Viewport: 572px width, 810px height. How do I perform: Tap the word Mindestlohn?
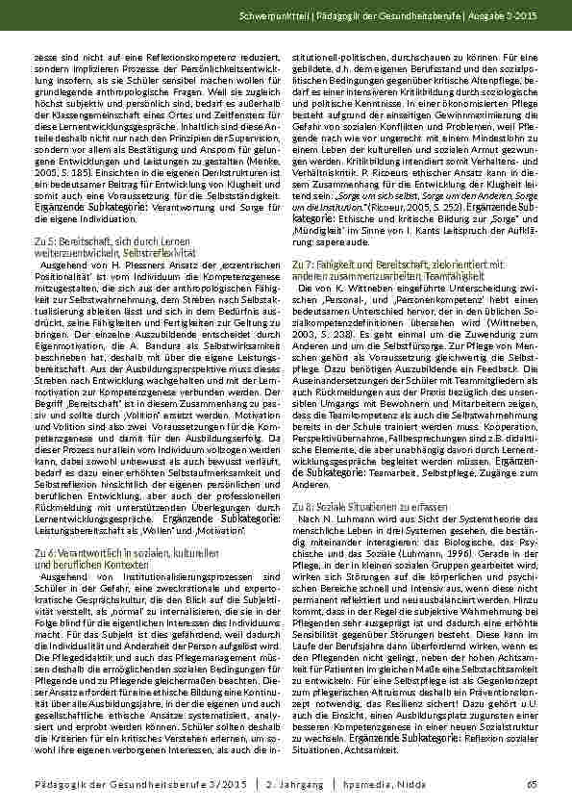pyautogui.click(x=492, y=137)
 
